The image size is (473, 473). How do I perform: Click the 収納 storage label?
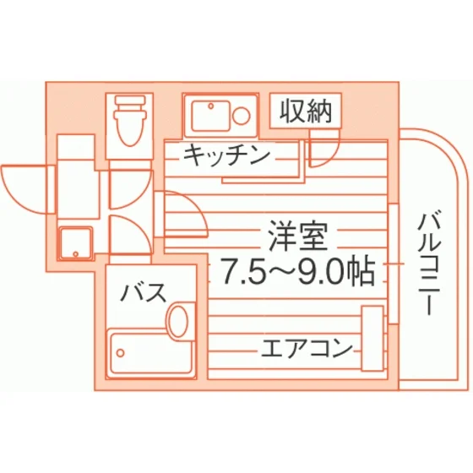[306, 111]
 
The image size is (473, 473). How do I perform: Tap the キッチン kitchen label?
[227, 155]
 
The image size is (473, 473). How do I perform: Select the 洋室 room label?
[298, 236]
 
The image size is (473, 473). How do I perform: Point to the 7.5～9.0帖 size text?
[297, 272]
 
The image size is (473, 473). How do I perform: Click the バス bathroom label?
[144, 292]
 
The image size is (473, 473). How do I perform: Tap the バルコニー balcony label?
[430, 264]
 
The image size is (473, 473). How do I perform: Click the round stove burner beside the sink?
[242, 116]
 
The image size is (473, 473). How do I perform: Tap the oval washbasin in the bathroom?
[178, 321]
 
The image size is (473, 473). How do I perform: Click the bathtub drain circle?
[121, 353]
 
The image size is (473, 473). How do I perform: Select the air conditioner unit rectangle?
[372, 339]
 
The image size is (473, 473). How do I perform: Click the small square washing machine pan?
[76, 243]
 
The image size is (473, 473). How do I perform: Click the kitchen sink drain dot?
[211, 106]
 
